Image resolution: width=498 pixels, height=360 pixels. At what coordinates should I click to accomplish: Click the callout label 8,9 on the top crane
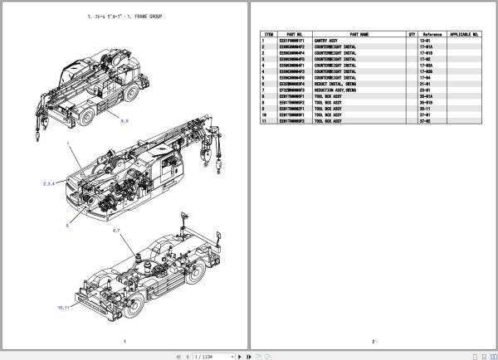[124, 121]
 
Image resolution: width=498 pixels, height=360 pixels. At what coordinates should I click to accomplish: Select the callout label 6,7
[116, 230]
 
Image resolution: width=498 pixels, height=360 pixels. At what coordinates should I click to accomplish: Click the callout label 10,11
[64, 306]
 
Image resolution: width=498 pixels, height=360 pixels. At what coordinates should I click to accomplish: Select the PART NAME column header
[359, 35]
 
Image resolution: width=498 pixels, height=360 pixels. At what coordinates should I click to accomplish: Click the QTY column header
[411, 35]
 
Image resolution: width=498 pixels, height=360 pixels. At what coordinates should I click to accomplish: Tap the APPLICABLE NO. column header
[465, 35]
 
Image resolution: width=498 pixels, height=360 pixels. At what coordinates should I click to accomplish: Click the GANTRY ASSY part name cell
[326, 41]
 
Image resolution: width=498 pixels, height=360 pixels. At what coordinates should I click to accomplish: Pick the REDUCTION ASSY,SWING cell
[336, 90]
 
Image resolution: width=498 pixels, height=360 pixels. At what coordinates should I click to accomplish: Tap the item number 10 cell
[263, 114]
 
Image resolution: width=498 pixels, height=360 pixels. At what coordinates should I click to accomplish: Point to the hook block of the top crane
[38, 129]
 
